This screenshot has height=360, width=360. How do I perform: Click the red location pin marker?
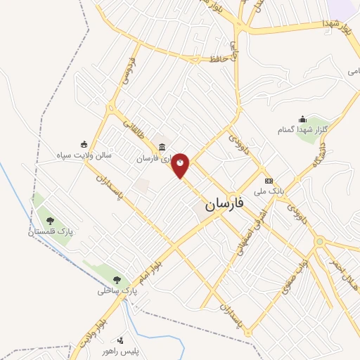181,165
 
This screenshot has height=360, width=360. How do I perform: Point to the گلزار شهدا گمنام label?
311,129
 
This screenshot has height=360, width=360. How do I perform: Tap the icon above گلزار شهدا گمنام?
303,118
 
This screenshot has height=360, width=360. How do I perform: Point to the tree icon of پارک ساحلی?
116,279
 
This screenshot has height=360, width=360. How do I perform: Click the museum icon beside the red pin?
162,148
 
